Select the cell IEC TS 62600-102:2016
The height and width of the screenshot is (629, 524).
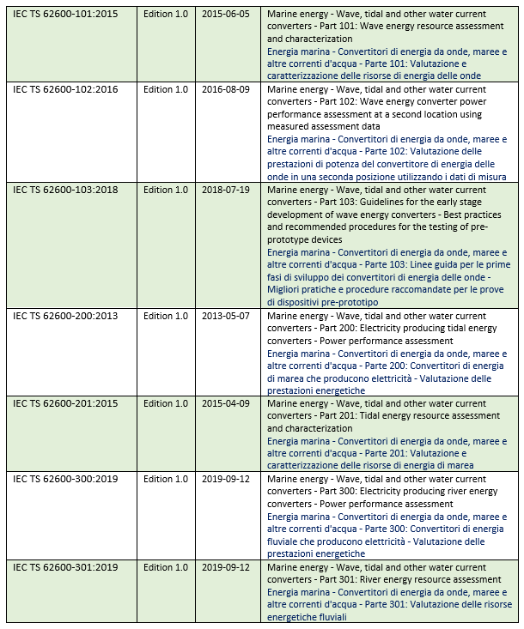coord(65,89)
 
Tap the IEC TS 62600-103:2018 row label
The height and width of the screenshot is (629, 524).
coord(65,190)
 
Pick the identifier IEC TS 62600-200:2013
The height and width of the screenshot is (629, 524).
coord(65,316)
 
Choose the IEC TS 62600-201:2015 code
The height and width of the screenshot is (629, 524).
coord(65,403)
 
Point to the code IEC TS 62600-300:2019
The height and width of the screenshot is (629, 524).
coord(65,479)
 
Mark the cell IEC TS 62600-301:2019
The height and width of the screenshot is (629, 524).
coord(65,567)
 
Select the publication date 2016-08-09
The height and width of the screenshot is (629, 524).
coord(226,89)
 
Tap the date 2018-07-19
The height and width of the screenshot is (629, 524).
coord(226,190)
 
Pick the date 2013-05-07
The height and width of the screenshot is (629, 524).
coord(226,316)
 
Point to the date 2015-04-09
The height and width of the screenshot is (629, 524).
coord(226,403)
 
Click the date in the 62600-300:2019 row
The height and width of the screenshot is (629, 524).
coord(226,479)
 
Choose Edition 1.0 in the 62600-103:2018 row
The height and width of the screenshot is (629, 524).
coord(166,190)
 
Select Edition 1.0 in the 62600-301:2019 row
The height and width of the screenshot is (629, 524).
coord(166,567)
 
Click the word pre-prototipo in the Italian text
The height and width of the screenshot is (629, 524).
coord(350,302)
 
